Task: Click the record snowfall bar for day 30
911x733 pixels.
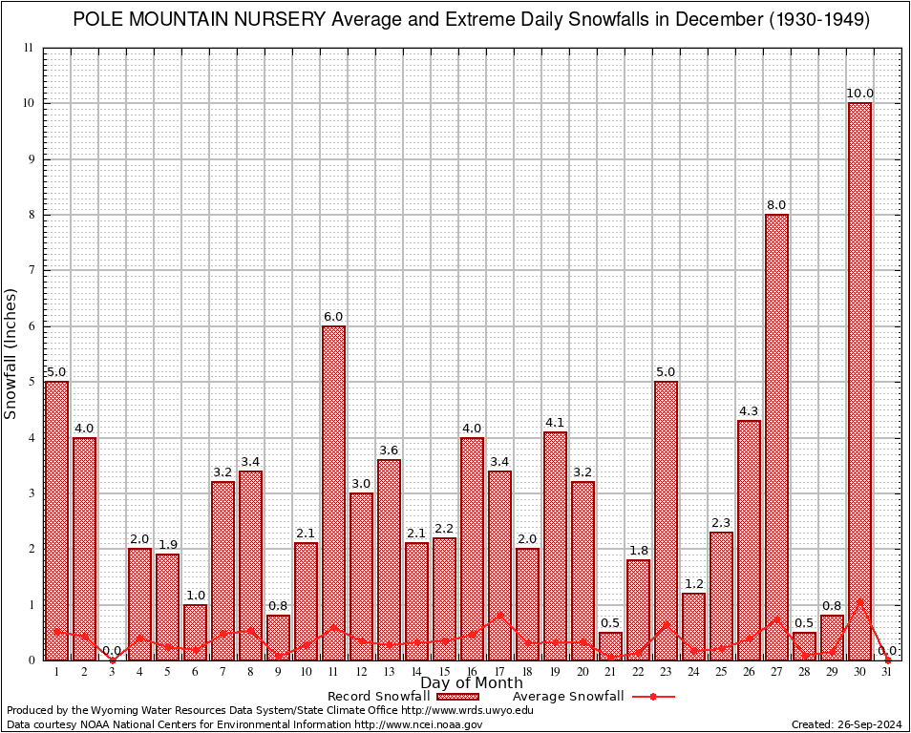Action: point(859,382)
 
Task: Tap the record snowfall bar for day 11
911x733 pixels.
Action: point(333,492)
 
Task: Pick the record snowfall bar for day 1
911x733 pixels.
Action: point(56,520)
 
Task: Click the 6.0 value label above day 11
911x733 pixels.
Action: point(333,317)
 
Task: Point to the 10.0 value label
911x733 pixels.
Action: point(859,94)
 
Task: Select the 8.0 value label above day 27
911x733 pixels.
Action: point(776,205)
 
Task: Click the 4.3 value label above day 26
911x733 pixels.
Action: point(749,411)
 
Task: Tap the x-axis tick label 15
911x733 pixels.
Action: point(444,672)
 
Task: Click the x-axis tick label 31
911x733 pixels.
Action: point(887,672)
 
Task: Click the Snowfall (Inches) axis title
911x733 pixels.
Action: point(11,353)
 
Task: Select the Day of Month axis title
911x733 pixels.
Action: point(472,683)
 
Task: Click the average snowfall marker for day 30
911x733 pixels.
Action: point(859,602)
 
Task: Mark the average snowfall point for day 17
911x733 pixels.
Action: point(499,616)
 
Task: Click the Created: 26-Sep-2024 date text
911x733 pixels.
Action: point(846,725)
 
